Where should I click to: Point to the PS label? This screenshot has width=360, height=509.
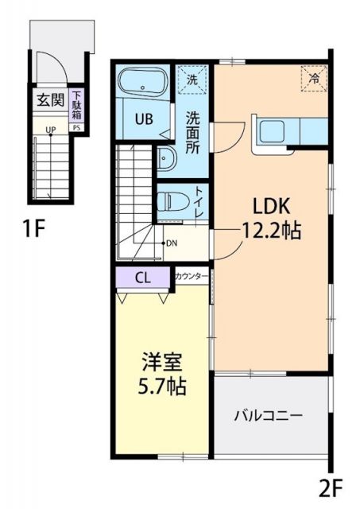[77, 126]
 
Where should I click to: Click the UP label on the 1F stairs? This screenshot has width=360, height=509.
[50, 129]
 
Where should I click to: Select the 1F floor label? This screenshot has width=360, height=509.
[33, 230]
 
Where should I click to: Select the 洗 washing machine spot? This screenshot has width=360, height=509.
[192, 79]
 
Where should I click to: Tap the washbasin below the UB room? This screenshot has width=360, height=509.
[166, 158]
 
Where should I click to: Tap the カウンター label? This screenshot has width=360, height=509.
[192, 276]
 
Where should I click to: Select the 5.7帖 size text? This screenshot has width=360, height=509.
[161, 387]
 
